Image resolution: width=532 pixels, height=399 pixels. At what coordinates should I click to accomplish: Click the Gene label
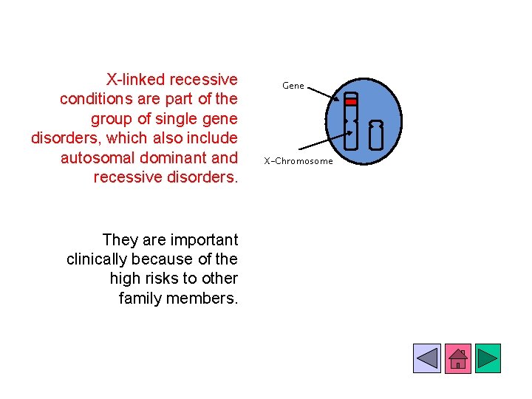pos(293,86)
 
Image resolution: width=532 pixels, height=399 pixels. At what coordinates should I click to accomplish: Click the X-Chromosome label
pos(299,161)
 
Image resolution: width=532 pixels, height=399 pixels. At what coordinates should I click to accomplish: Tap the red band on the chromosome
pos(351,102)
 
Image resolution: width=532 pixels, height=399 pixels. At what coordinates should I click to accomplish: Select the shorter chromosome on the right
pos(376,134)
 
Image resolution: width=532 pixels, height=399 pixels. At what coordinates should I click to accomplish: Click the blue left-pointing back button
pos(427,358)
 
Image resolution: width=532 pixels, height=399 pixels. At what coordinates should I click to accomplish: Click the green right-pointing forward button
pos(487,358)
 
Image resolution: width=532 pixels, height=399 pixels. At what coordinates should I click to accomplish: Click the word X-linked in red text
pos(135,79)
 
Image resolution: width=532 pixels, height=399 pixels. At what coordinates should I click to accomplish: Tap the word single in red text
pos(171,118)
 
